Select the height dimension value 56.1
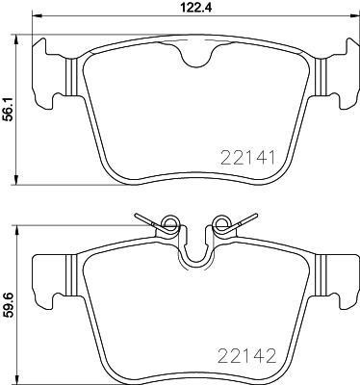tap(10, 111)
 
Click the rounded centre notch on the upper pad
tap(197, 60)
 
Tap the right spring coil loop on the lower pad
tap(224, 227)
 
